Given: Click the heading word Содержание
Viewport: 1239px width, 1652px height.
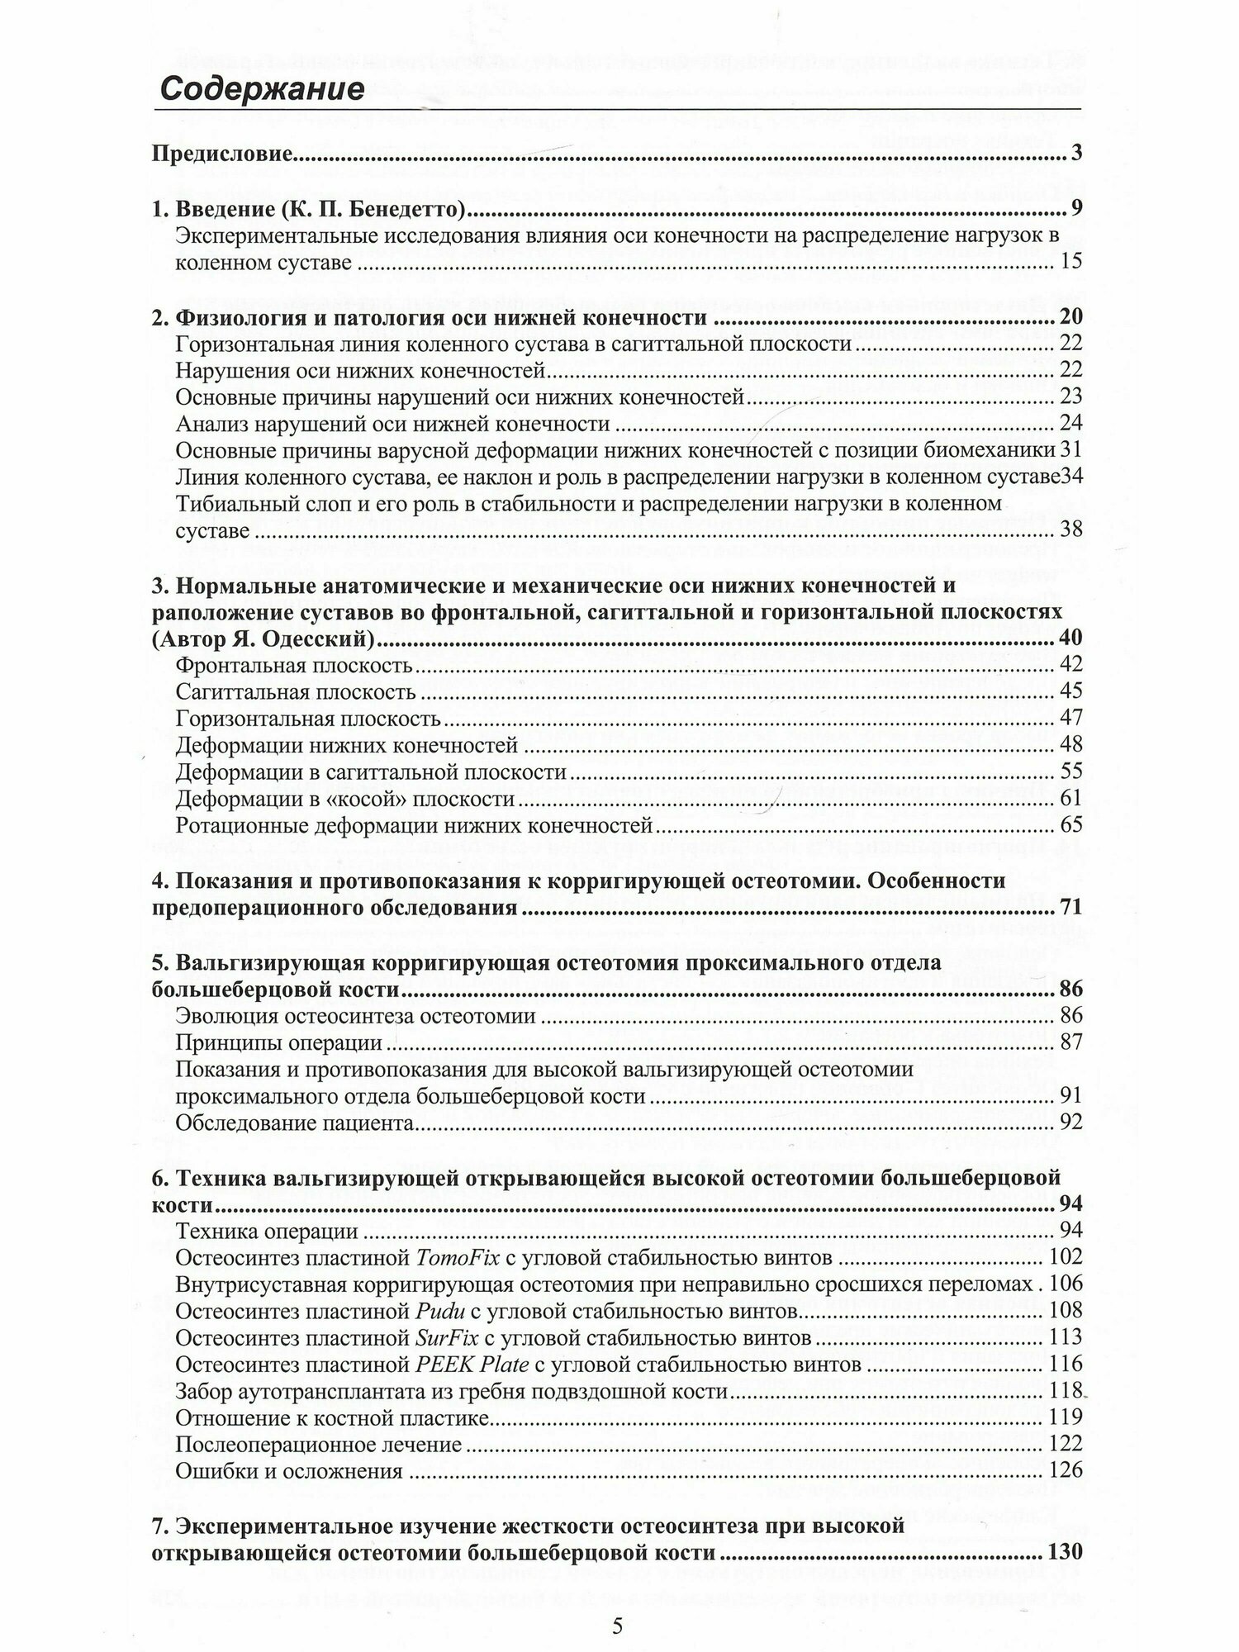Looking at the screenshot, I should (262, 88).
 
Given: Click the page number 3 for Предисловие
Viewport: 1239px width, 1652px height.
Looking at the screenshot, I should (1075, 154).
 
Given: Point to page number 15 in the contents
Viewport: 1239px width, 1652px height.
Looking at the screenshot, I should (1070, 263).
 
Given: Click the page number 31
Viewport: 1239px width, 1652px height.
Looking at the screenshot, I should (1070, 450).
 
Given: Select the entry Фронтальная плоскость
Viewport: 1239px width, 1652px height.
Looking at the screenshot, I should (294, 665).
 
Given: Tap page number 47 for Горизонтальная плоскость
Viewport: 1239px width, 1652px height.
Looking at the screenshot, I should (1070, 718).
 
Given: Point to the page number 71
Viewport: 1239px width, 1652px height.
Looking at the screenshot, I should (1070, 908).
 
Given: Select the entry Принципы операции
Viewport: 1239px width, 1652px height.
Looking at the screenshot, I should (279, 1042).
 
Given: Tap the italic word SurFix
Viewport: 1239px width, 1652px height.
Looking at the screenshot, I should (445, 1338).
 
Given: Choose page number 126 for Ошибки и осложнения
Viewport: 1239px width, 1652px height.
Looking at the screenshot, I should (1065, 1471).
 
